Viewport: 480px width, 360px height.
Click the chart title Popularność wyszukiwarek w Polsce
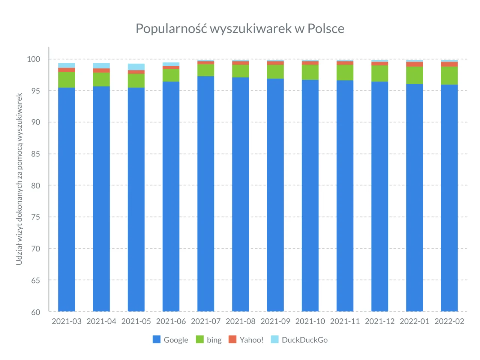[240, 28]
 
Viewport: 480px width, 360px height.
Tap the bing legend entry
[209, 340]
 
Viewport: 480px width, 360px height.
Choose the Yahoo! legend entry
[246, 340]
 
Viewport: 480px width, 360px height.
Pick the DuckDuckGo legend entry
[299, 340]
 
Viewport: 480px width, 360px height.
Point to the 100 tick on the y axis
[33, 59]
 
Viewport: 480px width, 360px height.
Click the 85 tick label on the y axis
[36, 154]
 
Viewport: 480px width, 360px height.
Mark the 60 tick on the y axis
[36, 312]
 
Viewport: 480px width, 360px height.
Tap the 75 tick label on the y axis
[36, 217]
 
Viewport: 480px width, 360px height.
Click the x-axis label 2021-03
[66, 321]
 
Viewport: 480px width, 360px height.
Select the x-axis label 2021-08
[240, 321]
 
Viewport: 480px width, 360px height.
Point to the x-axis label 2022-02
[449, 321]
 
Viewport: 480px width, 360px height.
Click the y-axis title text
[19, 179]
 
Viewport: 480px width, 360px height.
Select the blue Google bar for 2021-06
[171, 195]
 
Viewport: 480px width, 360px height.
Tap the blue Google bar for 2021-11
[345, 195]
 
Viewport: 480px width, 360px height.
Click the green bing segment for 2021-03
[66, 80]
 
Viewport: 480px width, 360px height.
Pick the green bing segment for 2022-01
[414, 75]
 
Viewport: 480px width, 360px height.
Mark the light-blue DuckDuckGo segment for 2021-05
[136, 67]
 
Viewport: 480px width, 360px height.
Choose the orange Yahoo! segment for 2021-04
[101, 70]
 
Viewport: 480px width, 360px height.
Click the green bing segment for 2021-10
[310, 72]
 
